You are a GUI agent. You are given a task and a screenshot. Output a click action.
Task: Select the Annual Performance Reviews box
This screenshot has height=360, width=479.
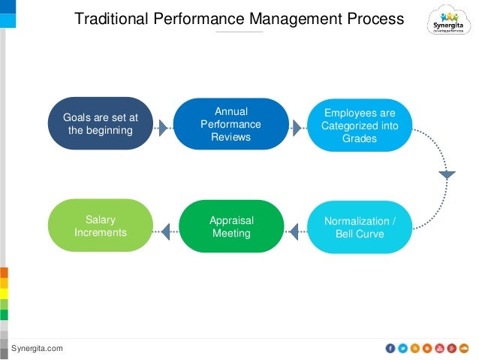click(x=230, y=124)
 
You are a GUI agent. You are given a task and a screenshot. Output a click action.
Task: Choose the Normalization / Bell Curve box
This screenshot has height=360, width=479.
click(x=359, y=227)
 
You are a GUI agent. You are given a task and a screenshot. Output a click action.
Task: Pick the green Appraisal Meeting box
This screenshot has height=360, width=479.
click(x=230, y=227)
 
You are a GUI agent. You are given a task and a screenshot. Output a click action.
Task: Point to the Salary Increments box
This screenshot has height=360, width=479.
click(x=101, y=226)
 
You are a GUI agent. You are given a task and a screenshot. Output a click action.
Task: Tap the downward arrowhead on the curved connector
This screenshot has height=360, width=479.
click(x=447, y=175)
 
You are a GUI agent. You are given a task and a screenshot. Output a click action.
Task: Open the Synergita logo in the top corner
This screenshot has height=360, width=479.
click(x=449, y=22)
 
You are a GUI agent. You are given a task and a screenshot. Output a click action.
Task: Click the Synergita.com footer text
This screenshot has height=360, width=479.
click(x=37, y=348)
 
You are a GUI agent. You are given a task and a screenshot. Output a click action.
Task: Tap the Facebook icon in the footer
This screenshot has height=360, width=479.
click(x=390, y=348)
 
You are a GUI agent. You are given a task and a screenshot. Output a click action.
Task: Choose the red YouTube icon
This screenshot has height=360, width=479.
click(x=439, y=348)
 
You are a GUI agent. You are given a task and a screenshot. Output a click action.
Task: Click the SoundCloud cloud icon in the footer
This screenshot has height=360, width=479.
click(x=464, y=348)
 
